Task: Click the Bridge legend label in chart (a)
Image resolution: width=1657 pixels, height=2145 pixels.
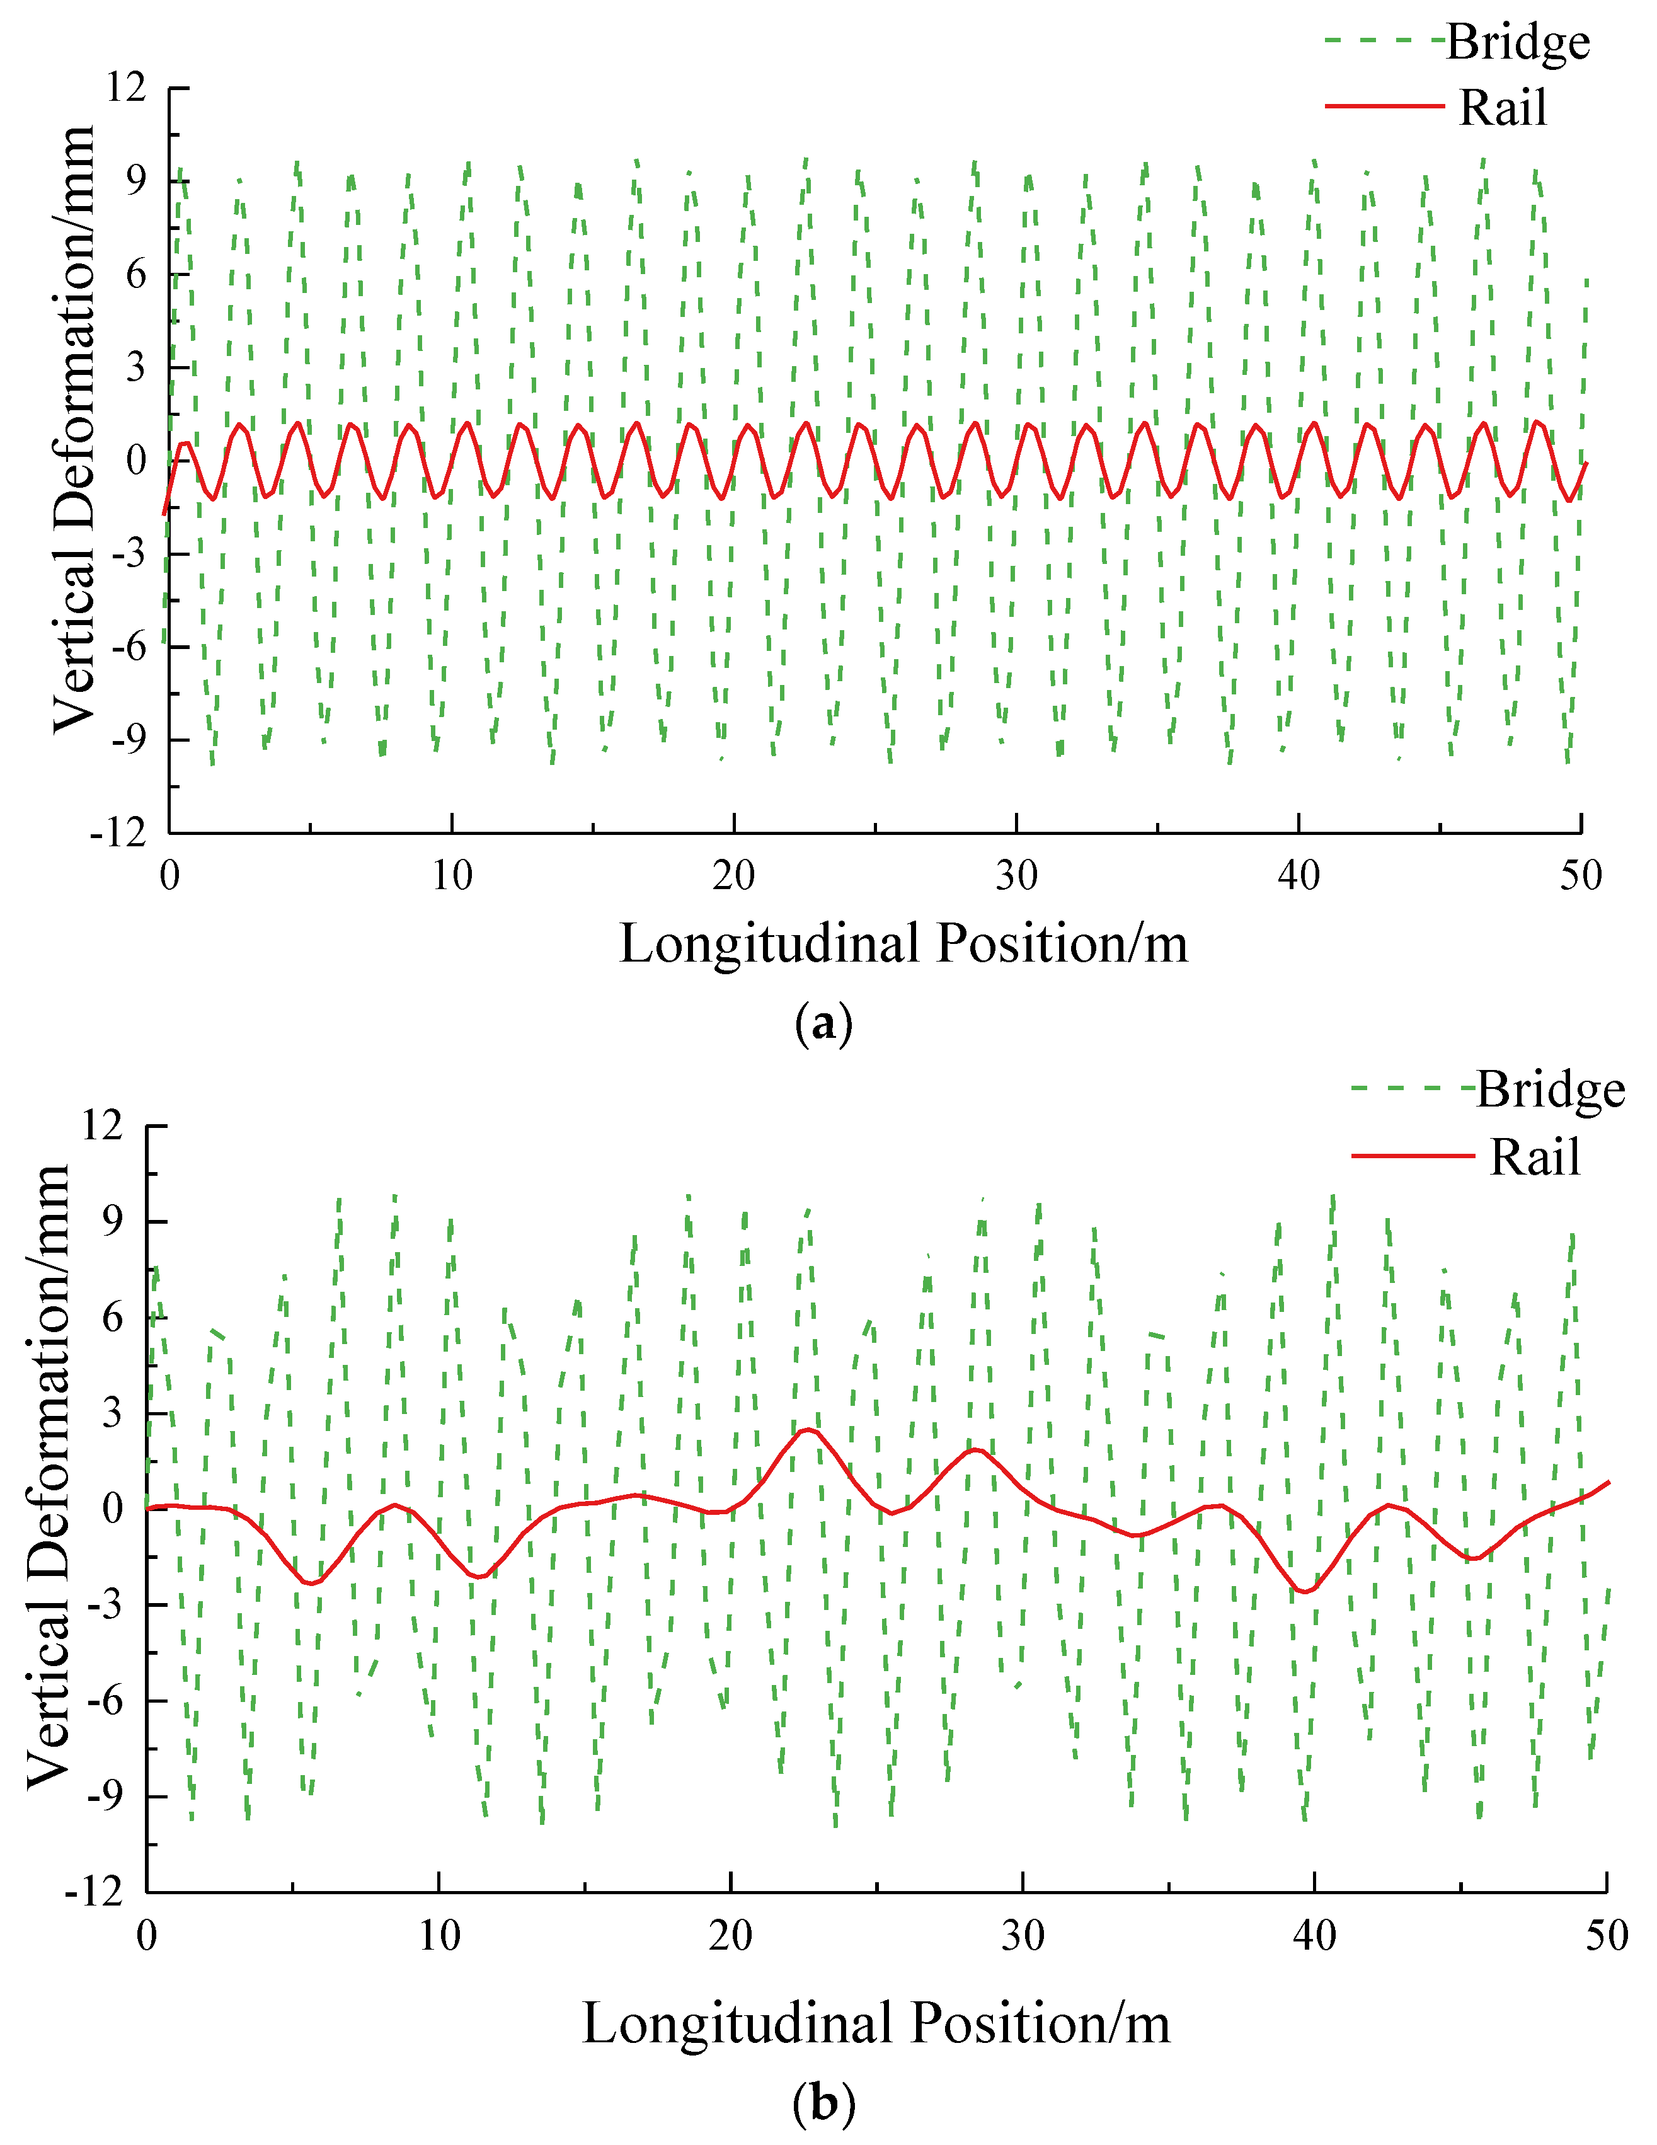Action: pos(1518,42)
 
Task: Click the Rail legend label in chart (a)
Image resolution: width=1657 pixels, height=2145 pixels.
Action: pos(1502,108)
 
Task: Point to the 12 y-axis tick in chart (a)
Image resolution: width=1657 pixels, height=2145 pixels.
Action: pos(126,88)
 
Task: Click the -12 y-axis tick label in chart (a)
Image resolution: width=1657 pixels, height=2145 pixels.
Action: pos(118,834)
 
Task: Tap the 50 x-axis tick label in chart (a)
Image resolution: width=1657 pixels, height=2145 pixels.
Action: pos(1580,875)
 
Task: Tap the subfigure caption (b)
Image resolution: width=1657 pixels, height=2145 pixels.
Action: pos(823,2103)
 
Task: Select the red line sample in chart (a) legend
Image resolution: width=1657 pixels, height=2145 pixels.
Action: pos(1384,105)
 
